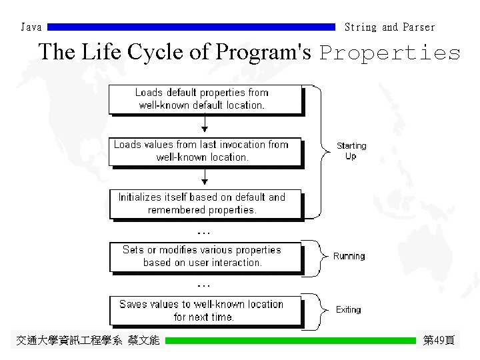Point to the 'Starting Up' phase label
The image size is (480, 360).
(351, 151)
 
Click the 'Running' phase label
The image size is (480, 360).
(349, 256)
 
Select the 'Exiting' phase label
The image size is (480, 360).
(348, 310)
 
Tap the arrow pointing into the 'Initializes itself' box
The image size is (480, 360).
(205, 177)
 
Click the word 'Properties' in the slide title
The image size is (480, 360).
(390, 53)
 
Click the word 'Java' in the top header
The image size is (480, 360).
(31, 27)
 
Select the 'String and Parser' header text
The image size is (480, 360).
(389, 27)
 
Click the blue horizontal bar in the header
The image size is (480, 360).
(192, 27)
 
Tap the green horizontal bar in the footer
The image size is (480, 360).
(290, 341)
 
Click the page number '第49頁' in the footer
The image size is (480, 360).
(439, 341)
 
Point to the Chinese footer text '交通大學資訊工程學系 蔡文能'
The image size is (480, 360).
(87, 341)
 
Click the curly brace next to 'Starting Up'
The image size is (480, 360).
(322, 151)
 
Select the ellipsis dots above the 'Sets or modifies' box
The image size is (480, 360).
(204, 233)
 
